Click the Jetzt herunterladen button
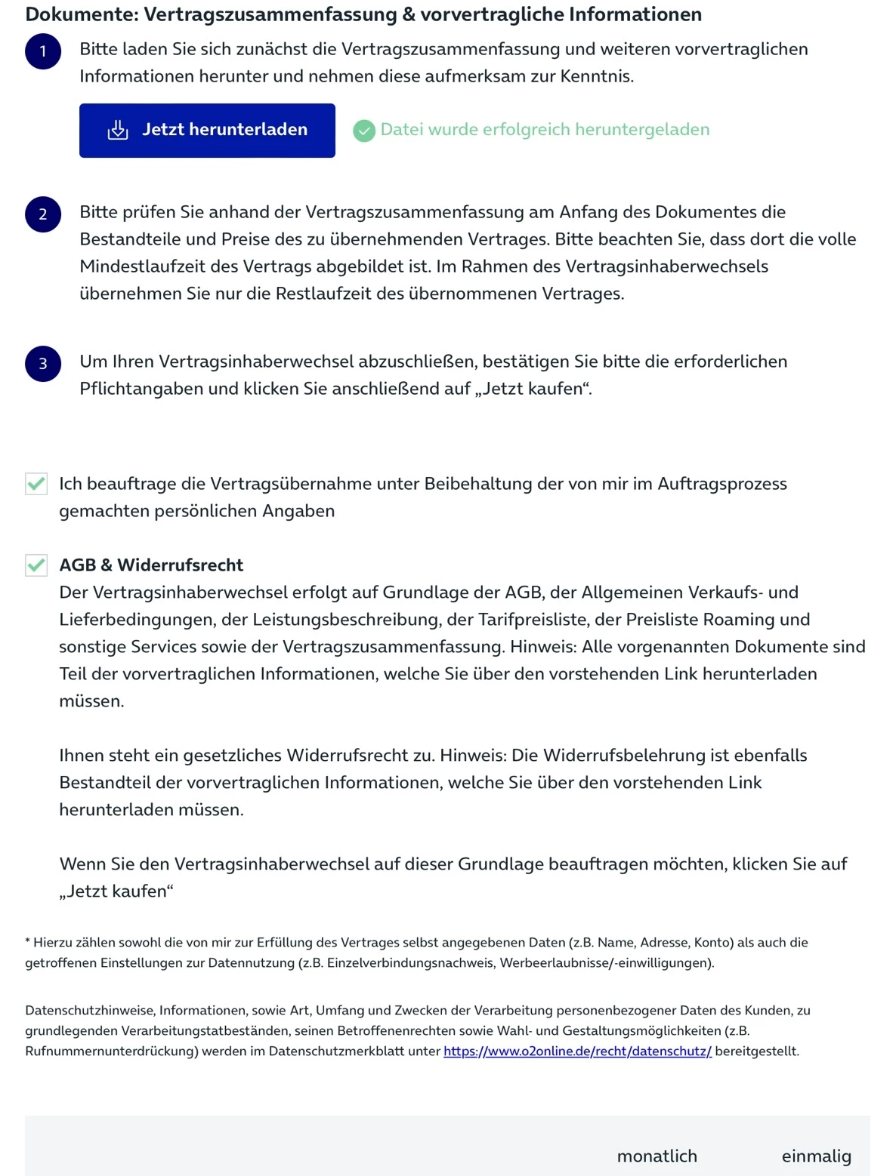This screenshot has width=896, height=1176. click(x=207, y=130)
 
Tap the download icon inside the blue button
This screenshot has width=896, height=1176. click(x=118, y=130)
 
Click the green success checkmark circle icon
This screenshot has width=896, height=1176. click(x=364, y=131)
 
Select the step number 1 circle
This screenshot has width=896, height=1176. click(x=43, y=51)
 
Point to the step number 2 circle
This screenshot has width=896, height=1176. click(x=43, y=214)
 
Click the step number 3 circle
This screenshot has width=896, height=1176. click(x=43, y=364)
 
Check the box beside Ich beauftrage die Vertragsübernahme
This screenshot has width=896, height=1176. click(x=36, y=484)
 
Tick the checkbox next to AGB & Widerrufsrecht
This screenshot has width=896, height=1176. click(x=36, y=565)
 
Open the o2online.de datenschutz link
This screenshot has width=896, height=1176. click(x=577, y=1051)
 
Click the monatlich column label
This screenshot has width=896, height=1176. click(x=657, y=1156)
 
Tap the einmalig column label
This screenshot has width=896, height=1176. click(x=816, y=1156)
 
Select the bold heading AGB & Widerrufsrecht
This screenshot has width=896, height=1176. click(x=151, y=565)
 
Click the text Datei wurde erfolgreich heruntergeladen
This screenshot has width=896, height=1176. click(x=545, y=130)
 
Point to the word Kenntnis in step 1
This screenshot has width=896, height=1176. click(x=595, y=76)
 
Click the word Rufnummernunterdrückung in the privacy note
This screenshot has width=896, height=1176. click(x=111, y=1051)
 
